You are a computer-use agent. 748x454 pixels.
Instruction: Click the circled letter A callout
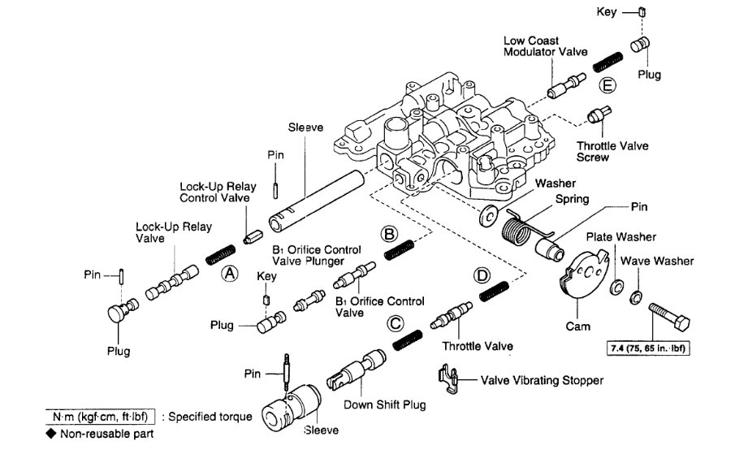pos(231,274)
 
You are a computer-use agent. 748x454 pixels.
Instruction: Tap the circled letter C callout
pos(396,323)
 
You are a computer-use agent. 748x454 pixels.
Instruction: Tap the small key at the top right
pos(641,12)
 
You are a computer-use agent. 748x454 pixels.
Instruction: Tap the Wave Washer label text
pos(657,262)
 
